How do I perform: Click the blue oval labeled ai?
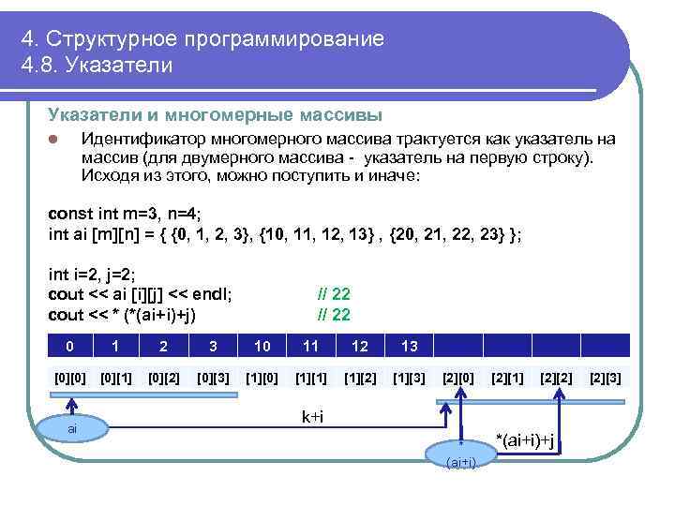tap(72, 428)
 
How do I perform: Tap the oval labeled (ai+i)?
tap(460, 460)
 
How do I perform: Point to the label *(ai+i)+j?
tap(526, 440)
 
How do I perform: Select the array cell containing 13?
tap(409, 346)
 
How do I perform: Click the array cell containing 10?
tap(262, 346)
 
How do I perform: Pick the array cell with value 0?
tap(69, 346)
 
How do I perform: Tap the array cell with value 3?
tap(213, 346)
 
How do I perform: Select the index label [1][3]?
tap(409, 379)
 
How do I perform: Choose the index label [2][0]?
tap(458, 379)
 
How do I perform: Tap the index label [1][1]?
tap(310, 379)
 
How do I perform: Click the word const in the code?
tap(70, 214)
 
